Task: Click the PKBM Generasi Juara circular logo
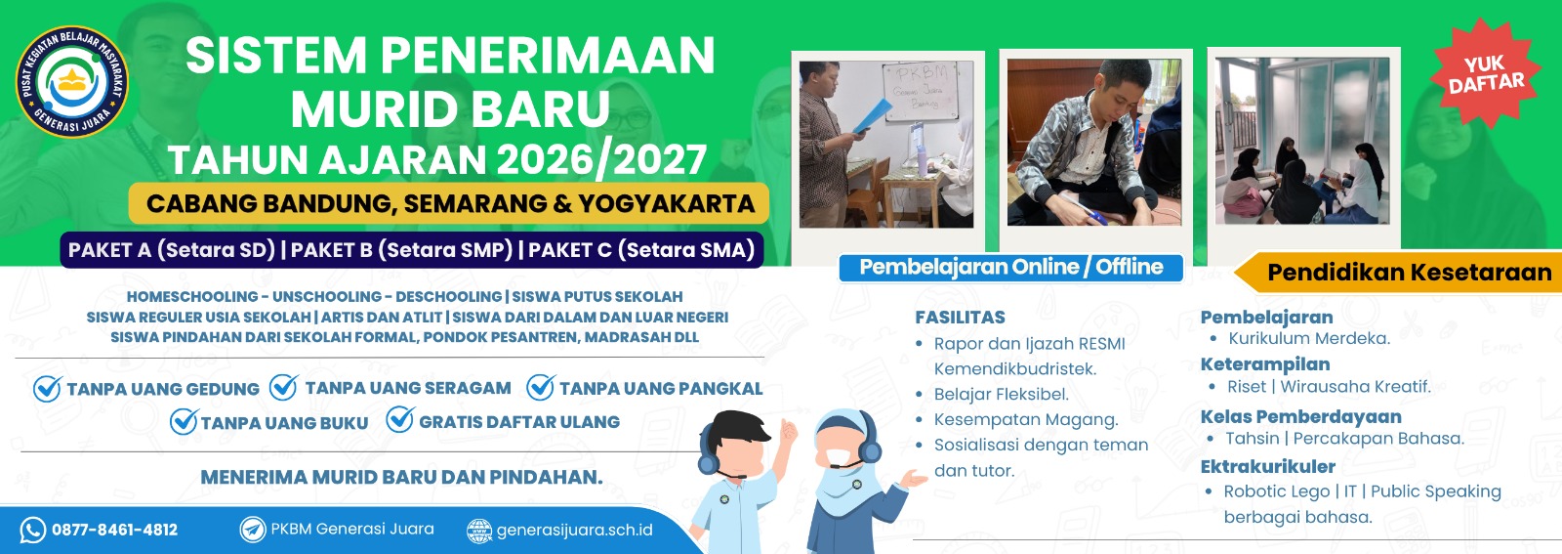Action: (70, 82)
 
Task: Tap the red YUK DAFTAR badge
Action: (1485, 74)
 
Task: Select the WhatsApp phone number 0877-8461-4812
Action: (114, 530)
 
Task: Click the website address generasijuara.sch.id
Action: (574, 531)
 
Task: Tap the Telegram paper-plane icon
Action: (253, 530)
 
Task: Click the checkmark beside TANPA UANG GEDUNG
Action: (47, 389)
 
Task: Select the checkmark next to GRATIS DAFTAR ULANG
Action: (400, 420)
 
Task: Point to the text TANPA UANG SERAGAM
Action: (407, 388)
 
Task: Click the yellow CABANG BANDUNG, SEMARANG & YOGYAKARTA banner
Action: (449, 204)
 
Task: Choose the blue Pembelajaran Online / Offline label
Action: (1010, 268)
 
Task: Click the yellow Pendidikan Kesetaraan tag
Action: (1407, 273)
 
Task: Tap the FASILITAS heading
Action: (960, 318)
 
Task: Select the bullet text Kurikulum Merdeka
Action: (1308, 339)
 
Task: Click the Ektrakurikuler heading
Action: (1267, 466)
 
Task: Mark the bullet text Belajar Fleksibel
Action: (1001, 395)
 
